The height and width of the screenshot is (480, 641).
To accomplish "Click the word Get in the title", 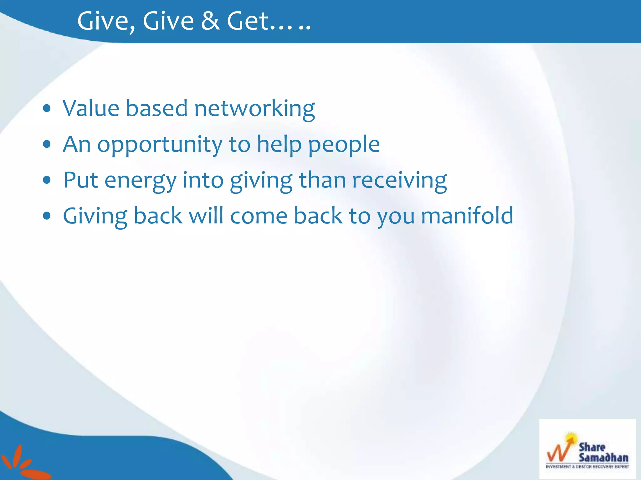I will (x=248, y=21).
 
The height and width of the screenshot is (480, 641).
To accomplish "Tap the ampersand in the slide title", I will (x=210, y=21).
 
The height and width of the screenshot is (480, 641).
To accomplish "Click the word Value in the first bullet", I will (x=91, y=108).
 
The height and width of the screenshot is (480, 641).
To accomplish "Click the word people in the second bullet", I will (x=344, y=145).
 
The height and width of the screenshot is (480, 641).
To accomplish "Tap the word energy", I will (x=140, y=181).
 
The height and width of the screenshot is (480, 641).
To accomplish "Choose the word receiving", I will (x=400, y=181).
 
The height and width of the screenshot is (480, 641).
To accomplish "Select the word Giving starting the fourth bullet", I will (x=95, y=217).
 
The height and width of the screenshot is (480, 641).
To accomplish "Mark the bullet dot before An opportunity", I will (x=47, y=144).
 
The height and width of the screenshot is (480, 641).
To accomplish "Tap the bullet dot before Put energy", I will (x=47, y=180).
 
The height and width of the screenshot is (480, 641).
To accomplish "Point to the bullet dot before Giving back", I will (x=47, y=216).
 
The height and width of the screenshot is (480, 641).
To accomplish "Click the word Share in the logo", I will (x=592, y=447).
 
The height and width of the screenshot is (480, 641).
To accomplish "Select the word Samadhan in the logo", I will (x=603, y=458).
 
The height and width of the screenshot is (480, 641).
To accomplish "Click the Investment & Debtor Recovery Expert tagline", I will (x=587, y=467).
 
